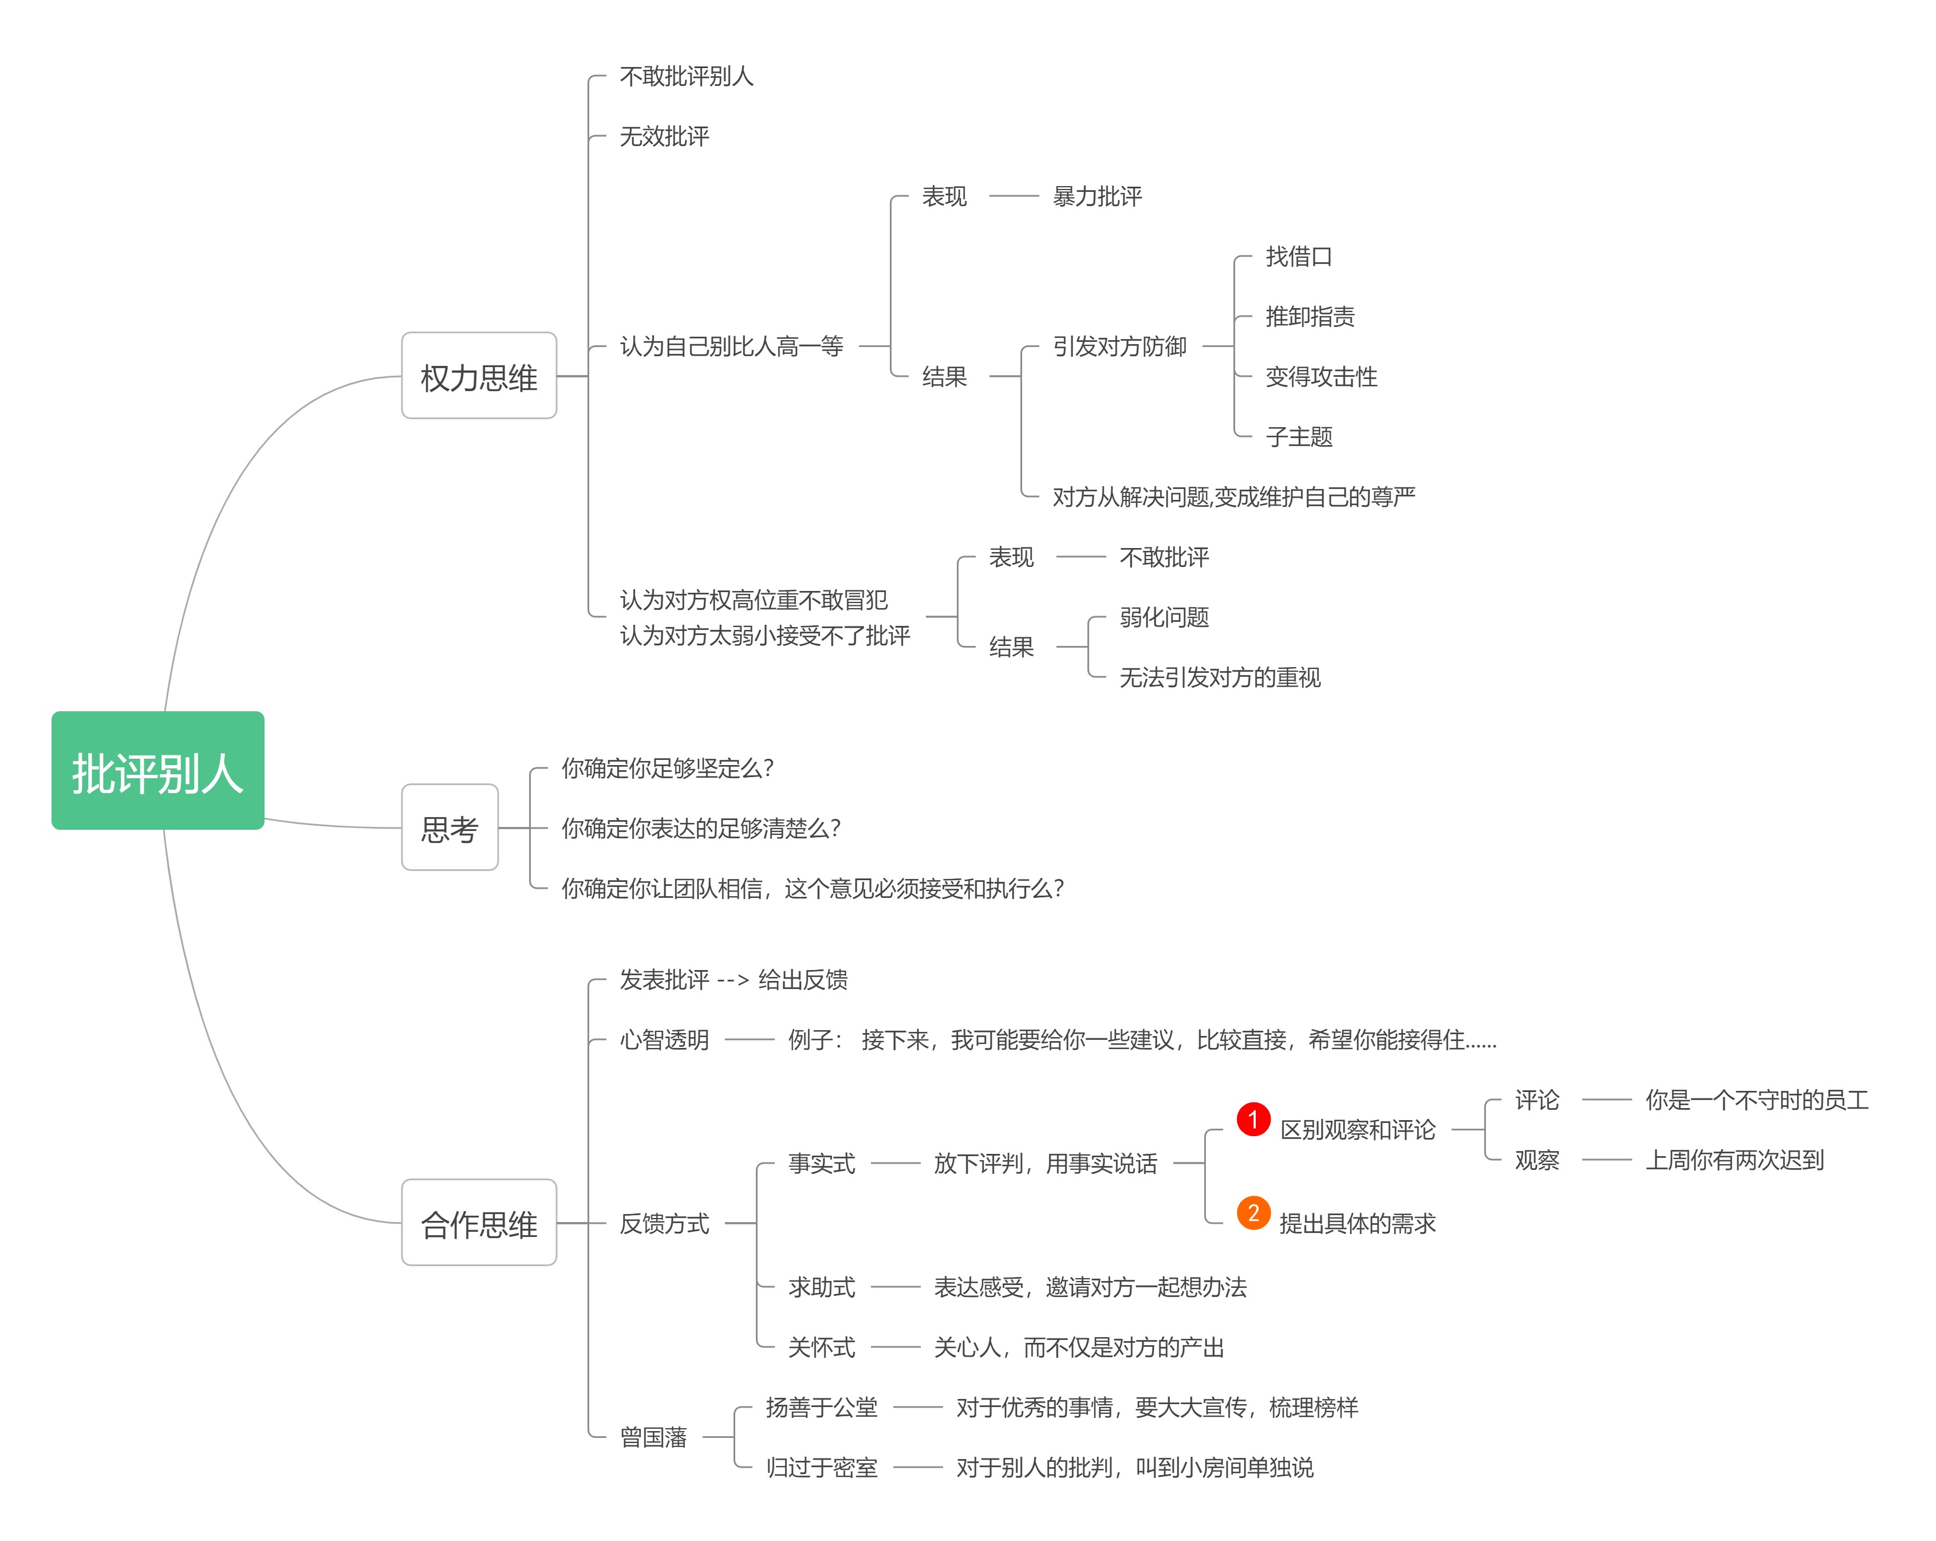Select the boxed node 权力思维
[x=479, y=376]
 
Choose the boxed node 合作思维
[x=479, y=1223]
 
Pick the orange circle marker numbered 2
[x=1253, y=1213]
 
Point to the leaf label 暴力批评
[x=1097, y=196]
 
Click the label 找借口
[x=1299, y=256]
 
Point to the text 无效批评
[x=664, y=136]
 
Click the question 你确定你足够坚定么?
[x=667, y=768]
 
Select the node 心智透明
[x=664, y=1040]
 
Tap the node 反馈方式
[x=664, y=1223]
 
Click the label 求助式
[x=821, y=1287]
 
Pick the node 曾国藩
[x=653, y=1437]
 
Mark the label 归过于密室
[x=821, y=1467]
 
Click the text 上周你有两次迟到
[x=1734, y=1160]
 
